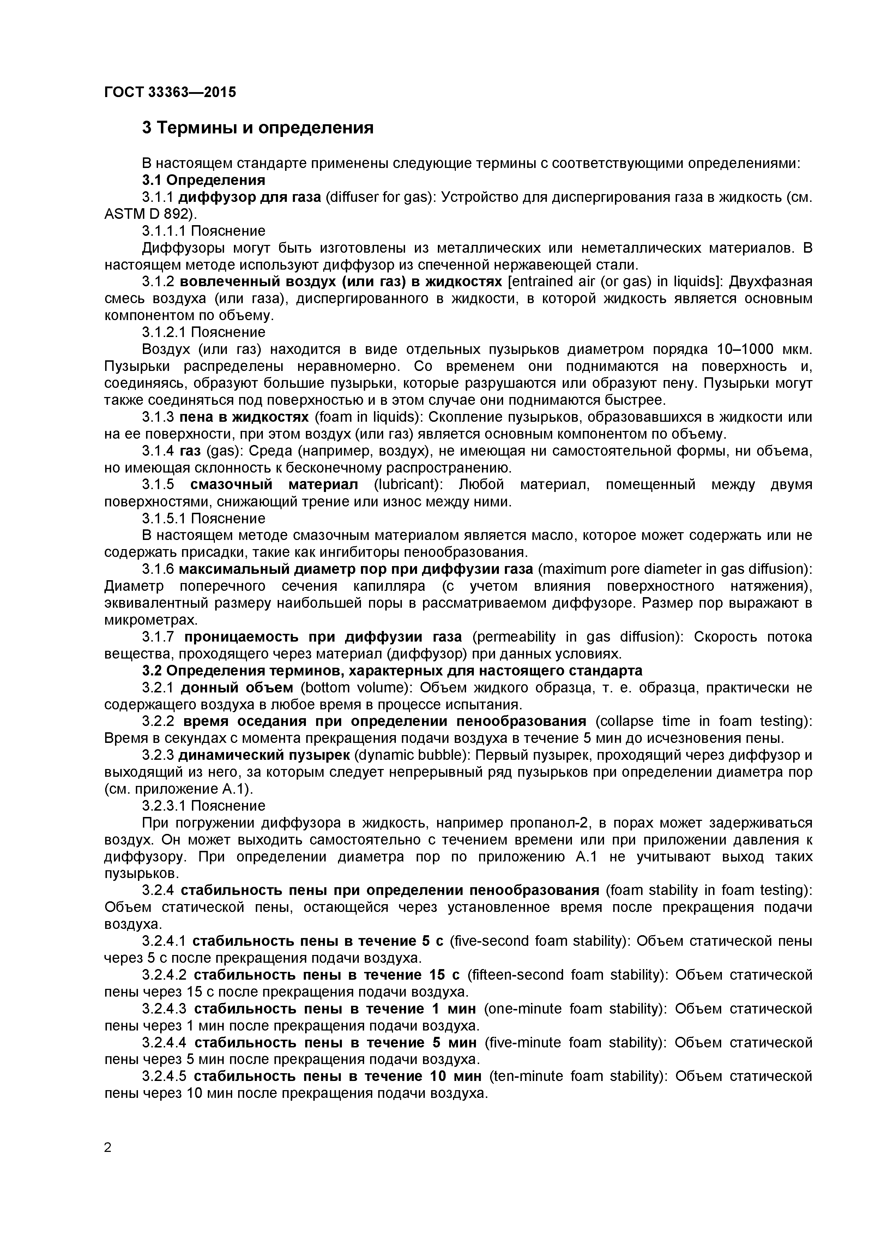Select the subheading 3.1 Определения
pyautogui.click(x=204, y=180)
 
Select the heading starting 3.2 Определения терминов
pyautogui.click(x=392, y=671)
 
